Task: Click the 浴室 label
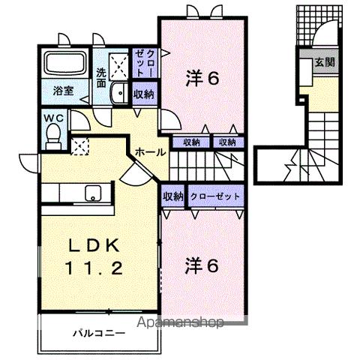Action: pyautogui.click(x=63, y=91)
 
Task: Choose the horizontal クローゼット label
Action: pyautogui.click(x=216, y=196)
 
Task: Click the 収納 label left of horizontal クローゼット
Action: pyautogui.click(x=172, y=196)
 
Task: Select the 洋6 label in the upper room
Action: pyautogui.click(x=202, y=77)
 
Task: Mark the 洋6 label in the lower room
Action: pyautogui.click(x=202, y=265)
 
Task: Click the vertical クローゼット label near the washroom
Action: pyautogui.click(x=142, y=63)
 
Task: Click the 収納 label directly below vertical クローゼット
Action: pyautogui.click(x=142, y=94)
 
